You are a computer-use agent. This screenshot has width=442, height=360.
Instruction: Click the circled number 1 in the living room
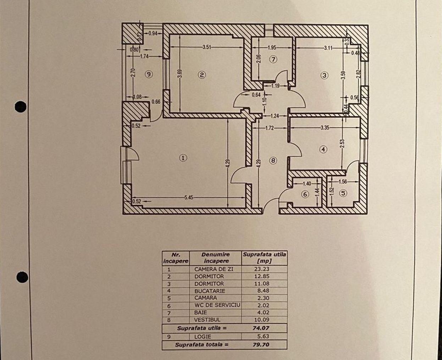coord(183,158)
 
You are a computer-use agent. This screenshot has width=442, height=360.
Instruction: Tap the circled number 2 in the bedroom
coord(202,75)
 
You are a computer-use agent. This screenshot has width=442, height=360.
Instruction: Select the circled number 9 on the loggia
coord(149,74)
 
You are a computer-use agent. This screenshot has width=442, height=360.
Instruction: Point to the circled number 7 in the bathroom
coord(273,60)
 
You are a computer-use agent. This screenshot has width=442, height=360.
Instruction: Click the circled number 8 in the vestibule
coord(273,160)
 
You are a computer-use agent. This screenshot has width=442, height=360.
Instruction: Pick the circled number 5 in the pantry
coord(343,193)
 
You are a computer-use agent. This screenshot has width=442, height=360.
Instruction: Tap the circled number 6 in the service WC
coord(305,194)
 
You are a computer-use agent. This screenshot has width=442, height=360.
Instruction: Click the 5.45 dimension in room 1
coord(189,198)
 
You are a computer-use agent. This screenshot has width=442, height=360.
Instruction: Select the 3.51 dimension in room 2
coord(207,46)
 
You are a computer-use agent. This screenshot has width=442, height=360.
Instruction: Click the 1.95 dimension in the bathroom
coord(272,47)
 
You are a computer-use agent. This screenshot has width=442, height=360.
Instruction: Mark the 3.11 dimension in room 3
coord(328,48)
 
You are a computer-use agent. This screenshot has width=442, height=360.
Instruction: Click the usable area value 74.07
coord(262,328)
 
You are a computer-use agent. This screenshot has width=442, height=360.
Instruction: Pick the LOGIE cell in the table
coord(203,336)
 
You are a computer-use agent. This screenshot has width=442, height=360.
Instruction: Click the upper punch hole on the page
coord(21,106)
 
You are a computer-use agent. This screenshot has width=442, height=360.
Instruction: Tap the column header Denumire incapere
coord(216,257)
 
